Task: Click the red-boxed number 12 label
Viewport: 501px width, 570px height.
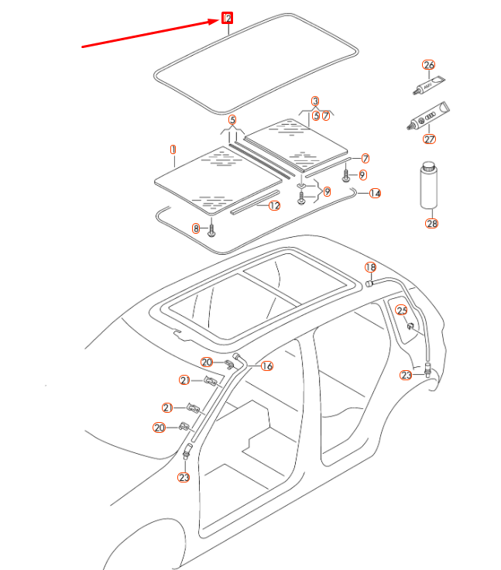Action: (x=228, y=18)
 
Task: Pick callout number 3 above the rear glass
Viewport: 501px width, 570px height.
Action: (x=315, y=101)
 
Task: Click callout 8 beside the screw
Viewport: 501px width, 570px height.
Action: (x=197, y=228)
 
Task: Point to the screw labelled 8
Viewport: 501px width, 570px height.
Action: (x=211, y=229)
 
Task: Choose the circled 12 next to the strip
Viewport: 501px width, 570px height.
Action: (x=274, y=206)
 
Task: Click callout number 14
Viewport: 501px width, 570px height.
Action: (x=375, y=193)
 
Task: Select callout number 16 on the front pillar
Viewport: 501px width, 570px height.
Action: (x=267, y=366)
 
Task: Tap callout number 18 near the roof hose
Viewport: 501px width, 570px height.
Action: (x=370, y=267)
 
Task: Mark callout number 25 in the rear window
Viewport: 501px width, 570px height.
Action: (x=401, y=311)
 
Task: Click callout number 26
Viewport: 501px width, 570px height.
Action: (x=428, y=65)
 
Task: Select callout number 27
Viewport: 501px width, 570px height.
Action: (x=429, y=140)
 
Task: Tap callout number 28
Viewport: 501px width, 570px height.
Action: (x=431, y=223)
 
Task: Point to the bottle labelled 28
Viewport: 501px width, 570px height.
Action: (x=430, y=186)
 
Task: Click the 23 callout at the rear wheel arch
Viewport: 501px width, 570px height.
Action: (x=407, y=375)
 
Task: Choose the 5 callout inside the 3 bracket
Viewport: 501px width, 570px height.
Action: (x=316, y=116)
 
